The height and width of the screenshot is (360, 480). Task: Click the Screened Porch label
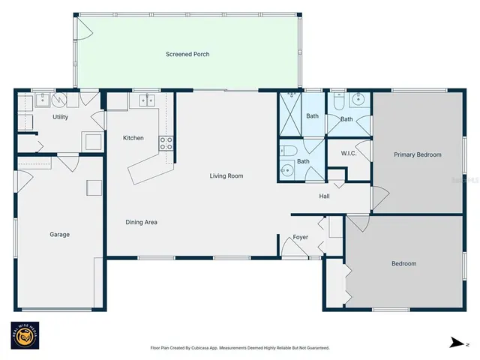click(x=187, y=55)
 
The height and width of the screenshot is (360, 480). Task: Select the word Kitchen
click(x=133, y=138)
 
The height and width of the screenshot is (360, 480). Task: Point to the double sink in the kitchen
click(x=144, y=99)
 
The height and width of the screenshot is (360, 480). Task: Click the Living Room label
click(x=226, y=176)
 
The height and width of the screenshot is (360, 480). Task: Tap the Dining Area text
click(x=141, y=222)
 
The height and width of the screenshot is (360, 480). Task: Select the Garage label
click(x=60, y=235)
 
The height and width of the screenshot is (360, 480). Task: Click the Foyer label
click(x=301, y=238)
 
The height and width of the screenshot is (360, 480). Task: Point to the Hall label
click(x=324, y=196)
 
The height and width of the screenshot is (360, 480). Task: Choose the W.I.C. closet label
click(x=348, y=154)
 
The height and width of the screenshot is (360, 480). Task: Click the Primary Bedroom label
click(x=418, y=154)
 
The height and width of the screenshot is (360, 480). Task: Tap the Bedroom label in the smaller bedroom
click(x=403, y=264)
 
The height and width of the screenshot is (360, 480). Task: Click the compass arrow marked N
click(x=457, y=343)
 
